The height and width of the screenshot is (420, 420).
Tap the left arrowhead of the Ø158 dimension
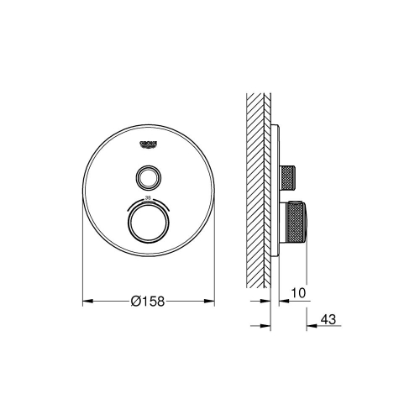(x=85, y=300)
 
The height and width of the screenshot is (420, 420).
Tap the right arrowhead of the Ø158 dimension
(x=211, y=300)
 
